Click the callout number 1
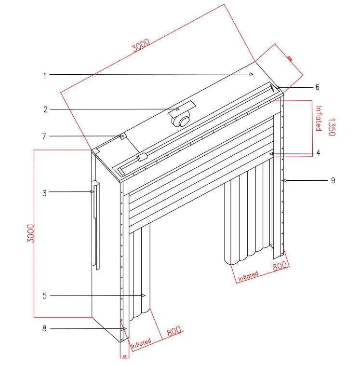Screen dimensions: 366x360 point(44,75)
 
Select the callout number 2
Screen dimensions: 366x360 point(45,109)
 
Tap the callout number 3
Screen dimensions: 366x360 point(44,193)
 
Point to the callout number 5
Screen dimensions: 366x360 point(45,296)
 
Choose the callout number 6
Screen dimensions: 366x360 point(317,87)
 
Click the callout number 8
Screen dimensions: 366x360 point(44,329)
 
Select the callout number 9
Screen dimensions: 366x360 point(333,180)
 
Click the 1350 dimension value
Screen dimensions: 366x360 point(331,126)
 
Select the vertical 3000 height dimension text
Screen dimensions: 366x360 point(30,233)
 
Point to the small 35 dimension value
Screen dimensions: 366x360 point(124,357)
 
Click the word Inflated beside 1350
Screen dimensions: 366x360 point(318,119)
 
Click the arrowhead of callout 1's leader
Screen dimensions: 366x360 point(252,74)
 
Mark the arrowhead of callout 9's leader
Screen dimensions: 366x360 point(285,180)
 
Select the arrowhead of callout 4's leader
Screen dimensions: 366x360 point(272,153)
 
